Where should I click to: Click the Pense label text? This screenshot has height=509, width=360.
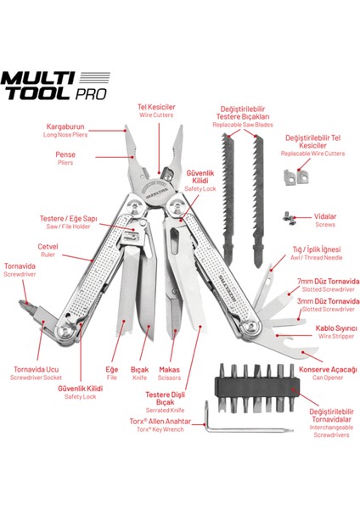click(x=65, y=155)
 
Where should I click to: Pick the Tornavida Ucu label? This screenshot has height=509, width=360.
click(x=37, y=371)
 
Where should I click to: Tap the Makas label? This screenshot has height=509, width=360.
click(x=172, y=371)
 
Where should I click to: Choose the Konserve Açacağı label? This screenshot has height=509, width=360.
click(x=329, y=369)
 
